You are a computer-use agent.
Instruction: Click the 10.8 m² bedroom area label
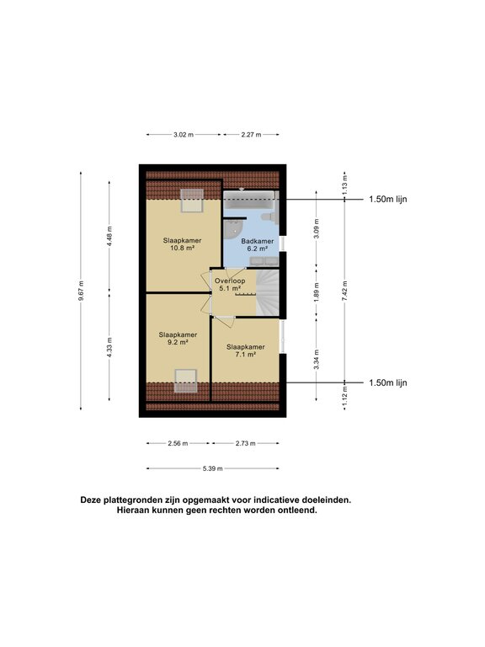point(182,244)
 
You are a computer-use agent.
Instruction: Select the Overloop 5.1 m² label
point(230,284)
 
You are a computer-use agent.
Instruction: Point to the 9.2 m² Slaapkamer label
point(178,339)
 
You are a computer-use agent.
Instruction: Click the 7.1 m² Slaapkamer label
point(245,350)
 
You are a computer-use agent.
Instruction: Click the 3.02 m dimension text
point(184,135)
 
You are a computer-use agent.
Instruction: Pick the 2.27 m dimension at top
point(251,135)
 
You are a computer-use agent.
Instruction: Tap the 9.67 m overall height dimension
point(81,291)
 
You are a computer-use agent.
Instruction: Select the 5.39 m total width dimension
point(213,468)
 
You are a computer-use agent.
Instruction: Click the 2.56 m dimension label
point(178,444)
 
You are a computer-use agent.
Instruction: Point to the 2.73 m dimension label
point(245,444)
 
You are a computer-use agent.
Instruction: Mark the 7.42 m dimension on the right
point(345,291)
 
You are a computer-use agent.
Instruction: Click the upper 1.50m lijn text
point(387,200)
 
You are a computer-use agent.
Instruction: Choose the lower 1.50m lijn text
point(387,383)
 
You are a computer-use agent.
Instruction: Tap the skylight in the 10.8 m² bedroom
point(192,201)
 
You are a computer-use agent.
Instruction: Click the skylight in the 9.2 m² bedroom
point(185,381)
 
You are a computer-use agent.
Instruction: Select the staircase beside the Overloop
point(268,293)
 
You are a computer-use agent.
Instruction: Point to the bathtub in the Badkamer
point(250,201)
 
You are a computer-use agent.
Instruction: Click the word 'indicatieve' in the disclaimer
point(276,500)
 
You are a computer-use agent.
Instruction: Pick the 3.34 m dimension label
point(317,359)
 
